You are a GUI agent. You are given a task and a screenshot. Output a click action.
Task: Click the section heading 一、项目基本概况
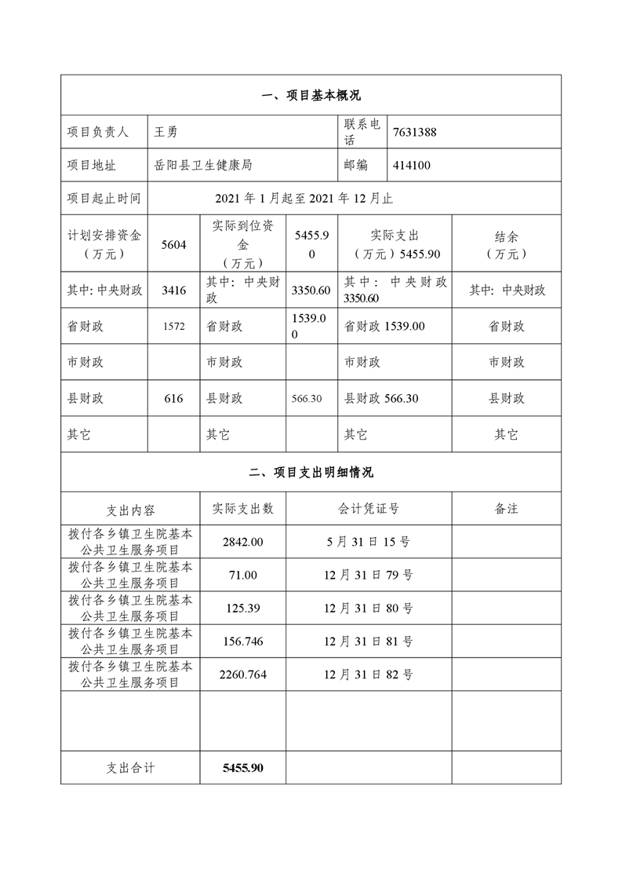[311, 96]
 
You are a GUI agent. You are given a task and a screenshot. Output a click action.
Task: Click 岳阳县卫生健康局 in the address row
[203, 166]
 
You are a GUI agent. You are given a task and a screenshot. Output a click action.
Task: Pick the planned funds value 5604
[173, 245]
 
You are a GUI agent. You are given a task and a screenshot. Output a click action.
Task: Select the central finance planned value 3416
[173, 291]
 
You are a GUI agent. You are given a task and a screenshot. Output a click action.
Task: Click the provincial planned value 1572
[173, 327]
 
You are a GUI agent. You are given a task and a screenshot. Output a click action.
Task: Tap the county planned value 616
[173, 399]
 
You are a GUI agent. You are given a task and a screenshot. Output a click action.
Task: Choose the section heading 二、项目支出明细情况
[311, 473]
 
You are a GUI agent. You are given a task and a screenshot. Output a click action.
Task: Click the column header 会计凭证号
[369, 509]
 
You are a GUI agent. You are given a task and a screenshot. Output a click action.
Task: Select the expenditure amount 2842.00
[243, 542]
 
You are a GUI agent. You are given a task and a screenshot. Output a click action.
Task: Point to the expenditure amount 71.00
[243, 575]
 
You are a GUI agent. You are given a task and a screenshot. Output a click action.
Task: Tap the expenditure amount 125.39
[243, 608]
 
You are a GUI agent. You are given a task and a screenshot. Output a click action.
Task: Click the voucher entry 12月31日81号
[369, 641]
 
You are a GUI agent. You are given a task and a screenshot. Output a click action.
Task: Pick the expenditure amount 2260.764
[243, 674]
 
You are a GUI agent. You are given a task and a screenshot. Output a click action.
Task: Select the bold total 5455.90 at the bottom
[243, 767]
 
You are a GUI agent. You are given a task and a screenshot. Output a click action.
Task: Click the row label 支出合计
[131, 767]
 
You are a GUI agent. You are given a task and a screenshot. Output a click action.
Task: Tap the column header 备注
[506, 509]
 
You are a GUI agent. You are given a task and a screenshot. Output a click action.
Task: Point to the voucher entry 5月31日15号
[369, 542]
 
